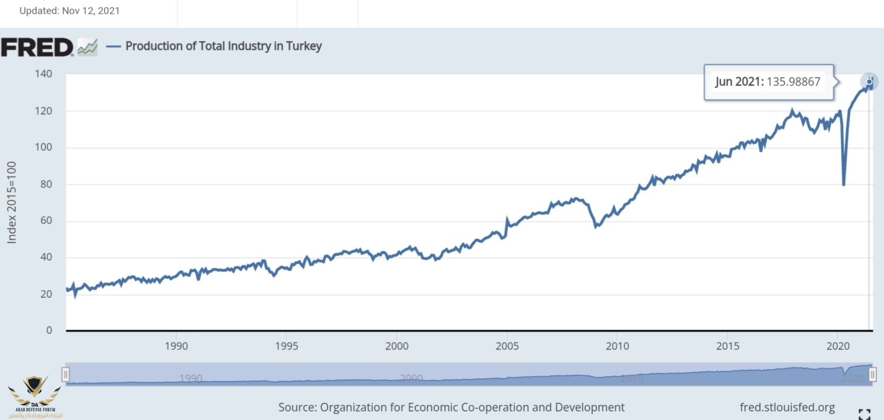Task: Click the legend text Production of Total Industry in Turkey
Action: coord(223,46)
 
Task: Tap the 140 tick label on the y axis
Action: coord(44,74)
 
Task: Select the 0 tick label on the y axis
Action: coord(49,330)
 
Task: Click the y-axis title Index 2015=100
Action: coord(12,202)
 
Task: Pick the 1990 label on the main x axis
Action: coord(176,346)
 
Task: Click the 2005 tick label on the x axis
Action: coord(507,346)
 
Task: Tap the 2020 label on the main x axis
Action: coord(838,346)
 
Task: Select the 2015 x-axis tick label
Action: coord(727,346)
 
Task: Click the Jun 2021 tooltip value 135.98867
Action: coord(793,82)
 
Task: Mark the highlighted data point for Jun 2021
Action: coord(869,82)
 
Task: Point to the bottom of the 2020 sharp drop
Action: coord(844,184)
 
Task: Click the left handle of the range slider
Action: coord(65,375)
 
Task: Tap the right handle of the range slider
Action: coord(872,375)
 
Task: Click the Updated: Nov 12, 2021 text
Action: coord(70,11)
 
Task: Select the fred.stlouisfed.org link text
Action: coord(787,407)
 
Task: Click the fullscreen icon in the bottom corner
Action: coord(864,414)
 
